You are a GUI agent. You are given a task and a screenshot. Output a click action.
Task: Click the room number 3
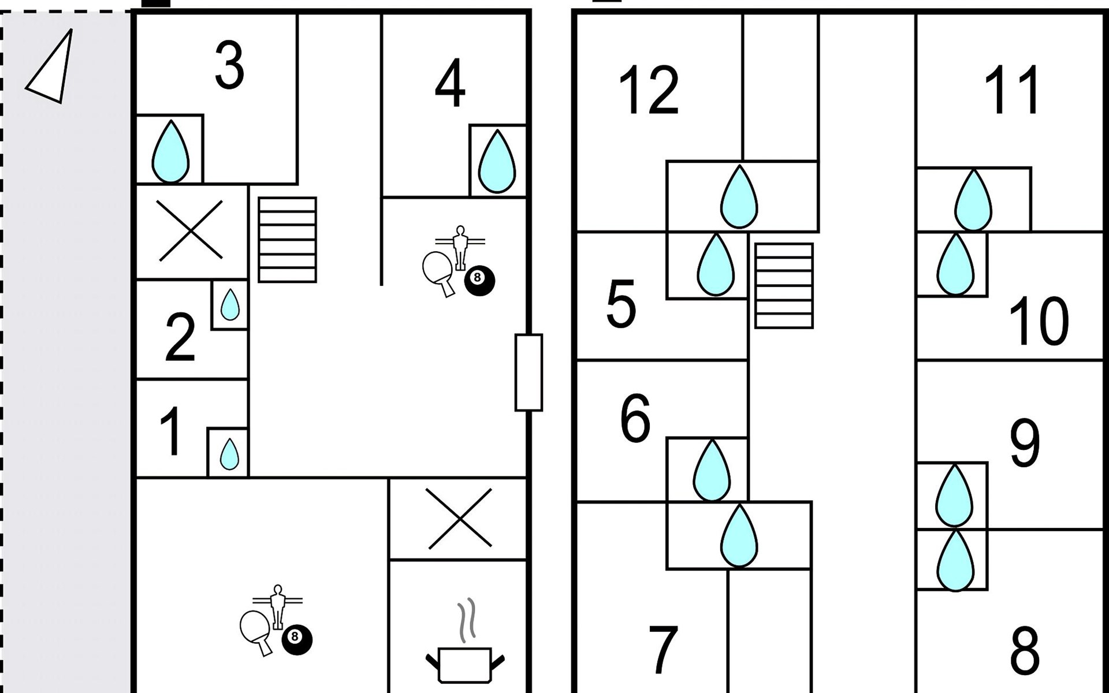click(x=229, y=66)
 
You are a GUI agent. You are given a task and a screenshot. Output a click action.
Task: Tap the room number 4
click(x=450, y=83)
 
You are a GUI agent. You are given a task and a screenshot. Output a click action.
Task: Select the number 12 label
click(x=648, y=90)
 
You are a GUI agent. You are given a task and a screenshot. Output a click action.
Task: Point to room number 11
click(x=1012, y=90)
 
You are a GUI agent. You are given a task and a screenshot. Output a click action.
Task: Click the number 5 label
click(x=621, y=304)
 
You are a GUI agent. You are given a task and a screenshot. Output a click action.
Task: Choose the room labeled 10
click(x=1038, y=321)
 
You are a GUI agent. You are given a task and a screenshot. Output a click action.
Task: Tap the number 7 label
click(x=663, y=649)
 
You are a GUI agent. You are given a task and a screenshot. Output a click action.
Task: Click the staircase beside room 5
click(x=784, y=286)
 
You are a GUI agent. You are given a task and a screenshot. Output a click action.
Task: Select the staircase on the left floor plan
click(x=287, y=240)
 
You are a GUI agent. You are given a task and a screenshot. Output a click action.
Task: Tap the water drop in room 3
click(x=170, y=151)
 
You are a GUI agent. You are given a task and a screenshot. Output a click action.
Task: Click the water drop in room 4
click(x=497, y=161)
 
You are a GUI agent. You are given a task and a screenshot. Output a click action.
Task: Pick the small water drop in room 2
click(x=230, y=304)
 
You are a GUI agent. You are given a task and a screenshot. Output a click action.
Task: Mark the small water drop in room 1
click(x=229, y=454)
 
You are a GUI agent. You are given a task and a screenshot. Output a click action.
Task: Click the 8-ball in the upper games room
click(x=479, y=281)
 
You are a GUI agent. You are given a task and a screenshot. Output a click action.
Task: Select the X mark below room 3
click(x=191, y=230)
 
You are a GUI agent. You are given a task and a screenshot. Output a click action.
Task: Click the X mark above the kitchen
click(x=459, y=518)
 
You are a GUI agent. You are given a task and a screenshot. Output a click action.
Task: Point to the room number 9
click(x=1024, y=443)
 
